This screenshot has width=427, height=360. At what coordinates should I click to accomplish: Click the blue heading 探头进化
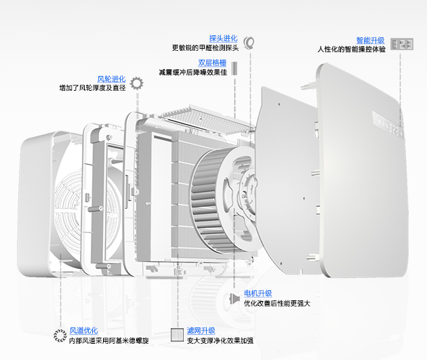[223, 39]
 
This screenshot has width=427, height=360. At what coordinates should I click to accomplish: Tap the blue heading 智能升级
[370, 41]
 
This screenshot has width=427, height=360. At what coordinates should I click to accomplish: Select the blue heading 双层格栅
[212, 63]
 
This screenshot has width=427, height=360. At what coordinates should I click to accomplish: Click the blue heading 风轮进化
[111, 79]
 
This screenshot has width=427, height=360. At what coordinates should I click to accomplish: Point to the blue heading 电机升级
[258, 294]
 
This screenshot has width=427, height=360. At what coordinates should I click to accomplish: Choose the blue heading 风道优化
[83, 331]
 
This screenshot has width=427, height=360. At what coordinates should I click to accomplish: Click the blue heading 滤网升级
[201, 331]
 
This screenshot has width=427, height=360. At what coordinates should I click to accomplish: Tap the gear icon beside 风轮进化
[136, 83]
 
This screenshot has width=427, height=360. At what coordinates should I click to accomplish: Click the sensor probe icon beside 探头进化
[249, 43]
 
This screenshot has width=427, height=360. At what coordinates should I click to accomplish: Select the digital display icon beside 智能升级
[402, 44]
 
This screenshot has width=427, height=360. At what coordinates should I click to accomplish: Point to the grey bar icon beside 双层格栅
[235, 68]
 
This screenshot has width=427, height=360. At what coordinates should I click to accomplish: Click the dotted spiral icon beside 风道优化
[60, 336]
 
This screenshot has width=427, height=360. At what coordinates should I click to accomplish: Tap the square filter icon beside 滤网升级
[178, 335]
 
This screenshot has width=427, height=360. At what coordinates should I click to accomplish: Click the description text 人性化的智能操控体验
[351, 49]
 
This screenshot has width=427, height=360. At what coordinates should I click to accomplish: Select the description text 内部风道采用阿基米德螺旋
[109, 340]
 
